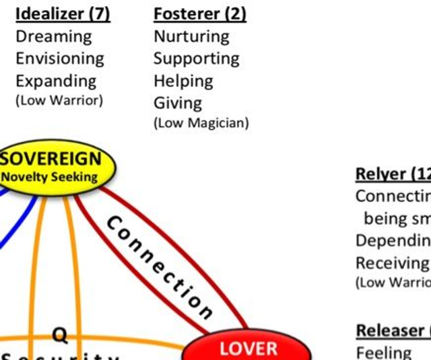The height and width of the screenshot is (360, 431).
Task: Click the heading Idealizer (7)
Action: tap(63, 13)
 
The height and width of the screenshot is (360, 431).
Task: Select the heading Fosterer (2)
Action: tap(200, 13)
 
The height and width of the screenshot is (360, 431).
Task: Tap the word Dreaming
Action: tap(54, 36)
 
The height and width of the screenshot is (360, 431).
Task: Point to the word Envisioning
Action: tap(60, 59)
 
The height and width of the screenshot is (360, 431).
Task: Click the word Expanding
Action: tap(56, 81)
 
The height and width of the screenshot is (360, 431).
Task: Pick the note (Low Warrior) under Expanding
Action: tap(59, 100)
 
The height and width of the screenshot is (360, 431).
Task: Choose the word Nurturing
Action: tap(191, 36)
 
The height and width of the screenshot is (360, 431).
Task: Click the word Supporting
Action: tap(196, 59)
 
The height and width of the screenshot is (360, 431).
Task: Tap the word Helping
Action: tap(183, 81)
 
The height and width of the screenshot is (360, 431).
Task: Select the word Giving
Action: tap(178, 103)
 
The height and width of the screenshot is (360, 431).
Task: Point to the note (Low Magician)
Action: tap(201, 122)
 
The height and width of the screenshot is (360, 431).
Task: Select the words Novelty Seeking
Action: tap(50, 178)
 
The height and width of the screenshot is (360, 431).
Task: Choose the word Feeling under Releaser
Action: tap(383, 352)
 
